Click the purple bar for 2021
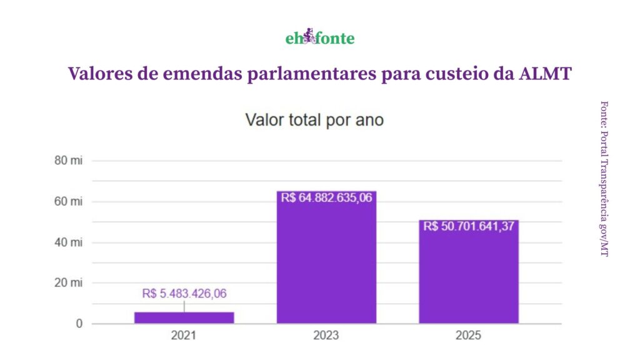[x=184, y=317]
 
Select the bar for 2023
[x=326, y=262]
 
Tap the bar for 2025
[x=469, y=275]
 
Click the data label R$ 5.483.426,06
[x=184, y=294]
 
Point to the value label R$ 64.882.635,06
[x=326, y=197]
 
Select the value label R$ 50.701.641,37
[x=469, y=226]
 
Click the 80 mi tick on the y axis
[x=68, y=161]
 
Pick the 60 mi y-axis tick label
[x=68, y=201]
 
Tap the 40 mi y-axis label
[x=68, y=242]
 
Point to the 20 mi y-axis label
[x=68, y=282]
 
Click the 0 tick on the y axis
[x=79, y=324]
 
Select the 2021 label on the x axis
[x=184, y=336]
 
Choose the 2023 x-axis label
[x=326, y=336]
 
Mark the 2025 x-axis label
[x=469, y=336]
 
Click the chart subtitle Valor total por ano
[x=314, y=120]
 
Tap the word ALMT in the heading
[x=545, y=74]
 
